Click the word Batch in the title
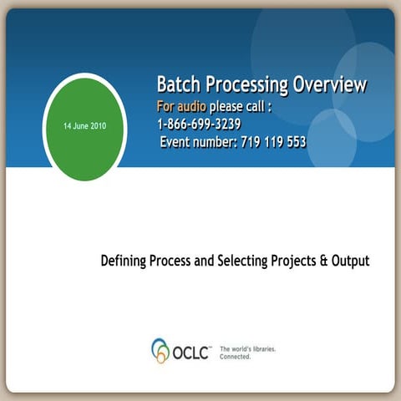pyautogui.click(x=177, y=84)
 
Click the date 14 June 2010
pyautogui.click(x=84, y=125)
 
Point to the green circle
pyautogui.click(x=84, y=146)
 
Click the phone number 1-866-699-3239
pyautogui.click(x=199, y=124)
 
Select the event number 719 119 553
pyautogui.click(x=272, y=142)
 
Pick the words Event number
pyautogui.click(x=199, y=142)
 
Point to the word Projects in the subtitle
pyautogui.click(x=293, y=261)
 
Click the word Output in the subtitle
pyautogui.click(x=350, y=261)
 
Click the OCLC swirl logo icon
pyautogui.click(x=160, y=350)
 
